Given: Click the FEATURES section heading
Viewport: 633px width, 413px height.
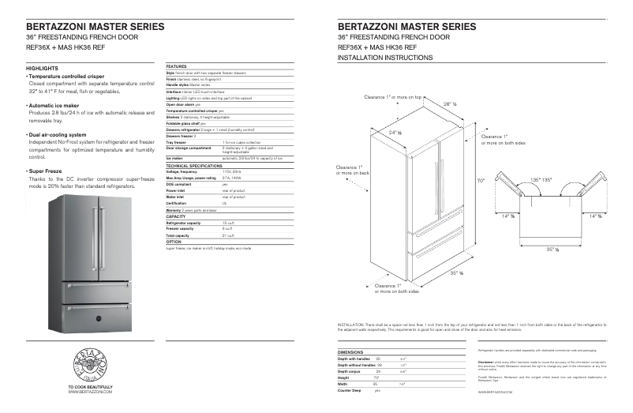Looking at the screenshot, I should [x=176, y=66].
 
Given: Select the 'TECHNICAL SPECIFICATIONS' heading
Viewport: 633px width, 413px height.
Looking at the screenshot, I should [x=193, y=166].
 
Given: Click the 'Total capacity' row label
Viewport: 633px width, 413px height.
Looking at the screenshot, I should [x=178, y=235].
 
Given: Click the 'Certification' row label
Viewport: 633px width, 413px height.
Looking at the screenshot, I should [x=176, y=202].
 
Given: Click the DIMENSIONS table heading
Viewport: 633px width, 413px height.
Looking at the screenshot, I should [x=350, y=351].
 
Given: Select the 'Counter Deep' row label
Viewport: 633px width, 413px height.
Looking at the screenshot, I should [x=349, y=390].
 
